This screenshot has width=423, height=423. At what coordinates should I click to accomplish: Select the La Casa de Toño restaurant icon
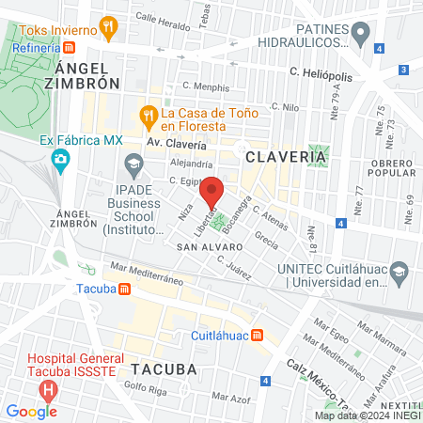(x=148, y=117)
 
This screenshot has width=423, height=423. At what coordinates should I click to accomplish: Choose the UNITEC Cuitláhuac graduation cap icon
(x=399, y=272)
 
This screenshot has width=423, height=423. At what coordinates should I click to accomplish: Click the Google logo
(x=31, y=411)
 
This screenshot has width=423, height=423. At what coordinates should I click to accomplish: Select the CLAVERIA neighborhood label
(x=277, y=157)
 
